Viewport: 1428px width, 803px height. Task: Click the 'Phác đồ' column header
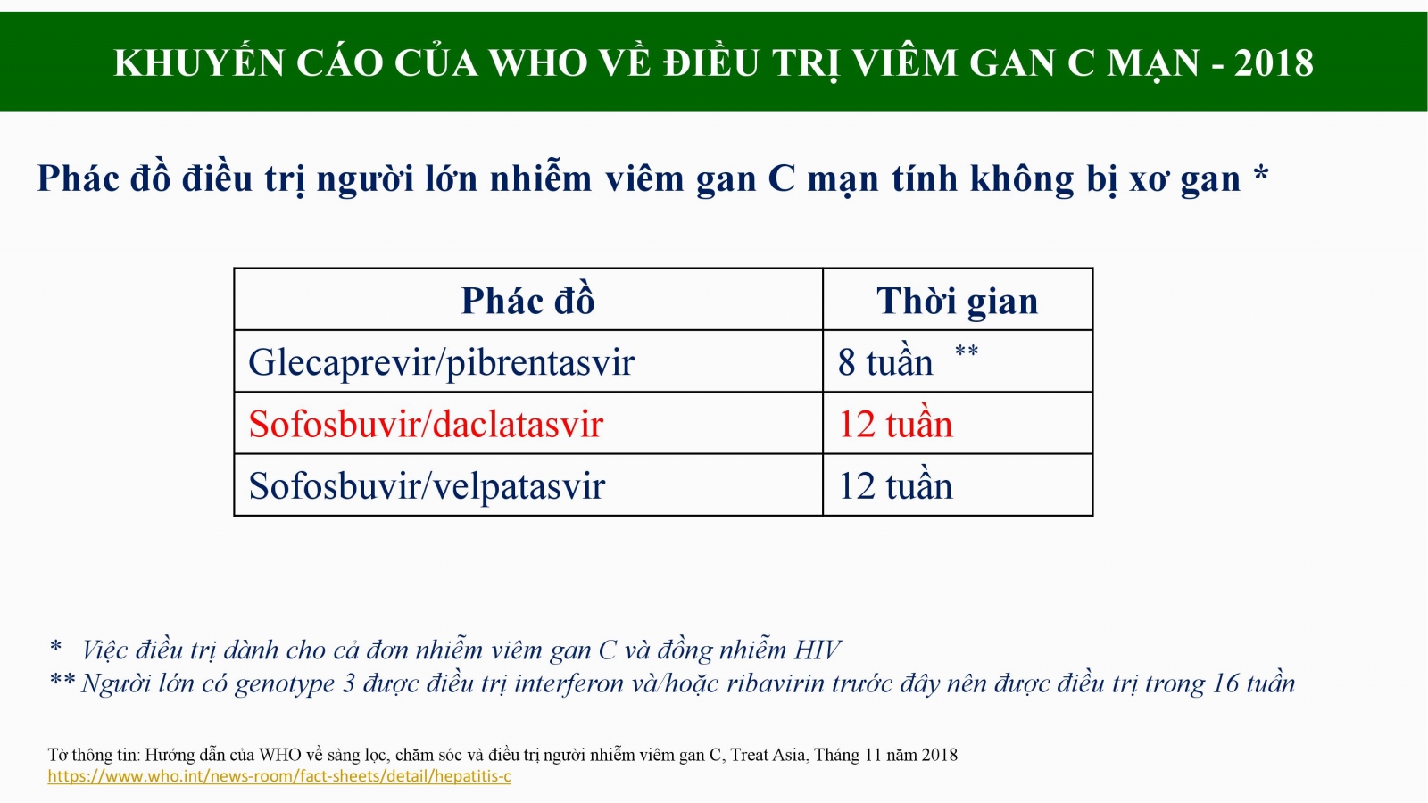(x=527, y=300)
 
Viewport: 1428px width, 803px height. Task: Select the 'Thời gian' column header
(x=957, y=301)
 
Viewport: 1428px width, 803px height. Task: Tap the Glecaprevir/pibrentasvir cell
(x=441, y=362)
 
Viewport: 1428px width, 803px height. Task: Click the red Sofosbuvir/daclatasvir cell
(x=425, y=424)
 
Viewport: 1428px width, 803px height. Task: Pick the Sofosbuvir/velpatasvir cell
(x=427, y=485)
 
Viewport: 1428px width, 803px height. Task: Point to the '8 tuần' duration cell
(x=884, y=362)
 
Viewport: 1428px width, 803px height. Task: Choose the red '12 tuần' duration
(x=895, y=424)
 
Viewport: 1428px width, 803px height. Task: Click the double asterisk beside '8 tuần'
(x=967, y=351)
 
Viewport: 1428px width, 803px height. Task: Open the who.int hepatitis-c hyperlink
(x=279, y=776)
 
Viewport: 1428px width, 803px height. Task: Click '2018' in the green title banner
(x=1273, y=62)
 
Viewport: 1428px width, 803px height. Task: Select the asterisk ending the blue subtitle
(x=1261, y=173)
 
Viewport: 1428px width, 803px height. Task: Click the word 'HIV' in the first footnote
(x=817, y=650)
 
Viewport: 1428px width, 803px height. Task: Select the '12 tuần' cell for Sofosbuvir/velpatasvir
(x=895, y=485)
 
